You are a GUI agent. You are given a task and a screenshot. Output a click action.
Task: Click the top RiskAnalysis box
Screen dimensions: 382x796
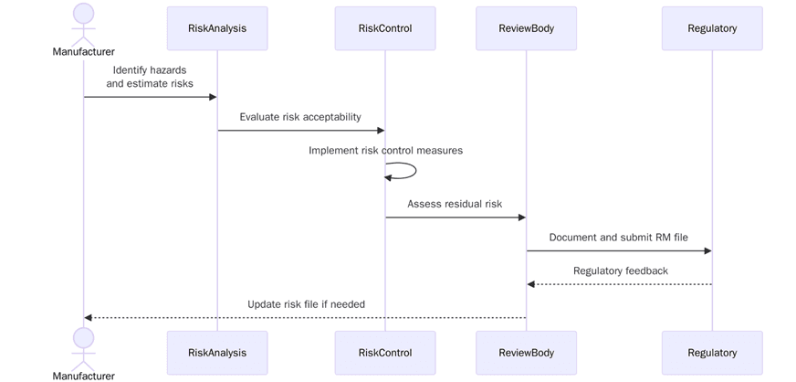pos(217,28)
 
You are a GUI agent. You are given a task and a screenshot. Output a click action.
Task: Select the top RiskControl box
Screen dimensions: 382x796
pos(385,28)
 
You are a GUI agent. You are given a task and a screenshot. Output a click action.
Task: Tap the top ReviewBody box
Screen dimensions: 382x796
pos(526,28)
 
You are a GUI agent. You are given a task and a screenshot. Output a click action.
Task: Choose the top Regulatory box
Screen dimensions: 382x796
pos(712,28)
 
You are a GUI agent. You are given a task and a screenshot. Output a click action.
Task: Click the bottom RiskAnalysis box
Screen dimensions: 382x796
pos(217,353)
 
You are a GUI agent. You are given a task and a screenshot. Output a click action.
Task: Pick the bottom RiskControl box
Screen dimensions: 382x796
pos(385,353)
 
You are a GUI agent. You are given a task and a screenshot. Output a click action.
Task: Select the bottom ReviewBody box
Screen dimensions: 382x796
pos(526,353)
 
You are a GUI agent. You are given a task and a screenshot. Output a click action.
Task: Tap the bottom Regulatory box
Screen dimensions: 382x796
pos(712,353)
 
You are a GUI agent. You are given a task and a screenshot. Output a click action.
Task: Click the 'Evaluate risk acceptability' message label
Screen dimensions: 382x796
pos(300,117)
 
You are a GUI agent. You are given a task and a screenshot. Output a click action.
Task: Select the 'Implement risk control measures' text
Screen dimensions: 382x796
pos(385,150)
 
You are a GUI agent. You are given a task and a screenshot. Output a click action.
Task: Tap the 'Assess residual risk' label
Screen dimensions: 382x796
pos(455,204)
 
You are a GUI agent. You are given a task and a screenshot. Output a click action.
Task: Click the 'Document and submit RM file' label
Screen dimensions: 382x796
pos(618,238)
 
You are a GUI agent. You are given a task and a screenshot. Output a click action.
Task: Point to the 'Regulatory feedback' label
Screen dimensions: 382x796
pos(620,271)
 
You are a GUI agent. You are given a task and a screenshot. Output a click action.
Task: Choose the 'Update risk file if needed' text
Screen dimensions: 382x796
pos(306,304)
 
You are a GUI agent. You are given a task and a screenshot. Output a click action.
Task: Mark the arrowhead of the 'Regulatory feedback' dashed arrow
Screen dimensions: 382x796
pos(531,284)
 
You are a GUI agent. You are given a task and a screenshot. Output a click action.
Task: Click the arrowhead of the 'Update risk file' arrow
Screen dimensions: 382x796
pos(89,318)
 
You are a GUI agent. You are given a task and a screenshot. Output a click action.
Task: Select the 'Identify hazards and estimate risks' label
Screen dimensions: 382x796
pos(150,77)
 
